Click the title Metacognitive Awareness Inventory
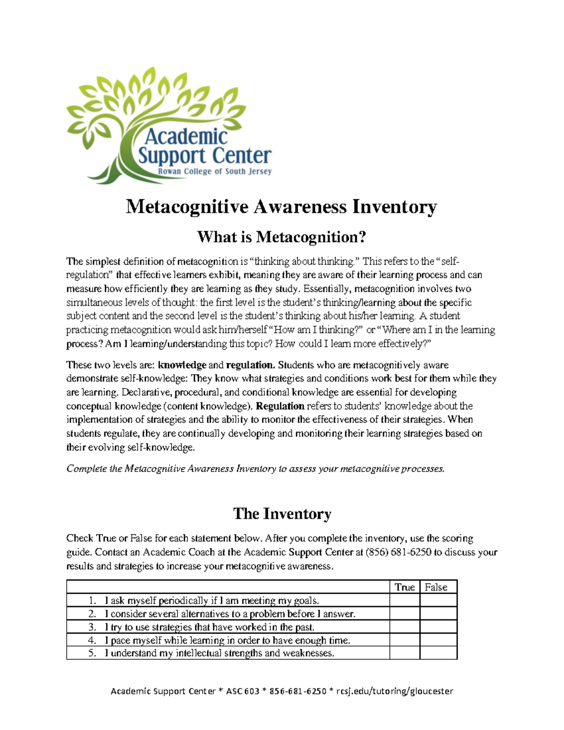click(x=281, y=207)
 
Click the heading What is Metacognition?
click(x=281, y=236)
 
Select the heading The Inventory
click(x=282, y=513)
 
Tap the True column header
click(x=404, y=587)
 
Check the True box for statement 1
click(x=404, y=600)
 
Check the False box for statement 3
click(x=438, y=627)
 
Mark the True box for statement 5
click(x=404, y=653)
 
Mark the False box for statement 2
click(x=438, y=613)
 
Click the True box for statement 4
click(x=404, y=640)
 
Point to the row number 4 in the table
click(x=92, y=640)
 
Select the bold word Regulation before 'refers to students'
click(x=280, y=406)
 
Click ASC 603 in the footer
click(x=243, y=691)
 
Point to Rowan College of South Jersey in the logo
click(x=214, y=172)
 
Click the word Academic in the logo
click(x=186, y=137)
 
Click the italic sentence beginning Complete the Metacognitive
click(x=255, y=469)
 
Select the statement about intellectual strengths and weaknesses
click(x=219, y=653)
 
